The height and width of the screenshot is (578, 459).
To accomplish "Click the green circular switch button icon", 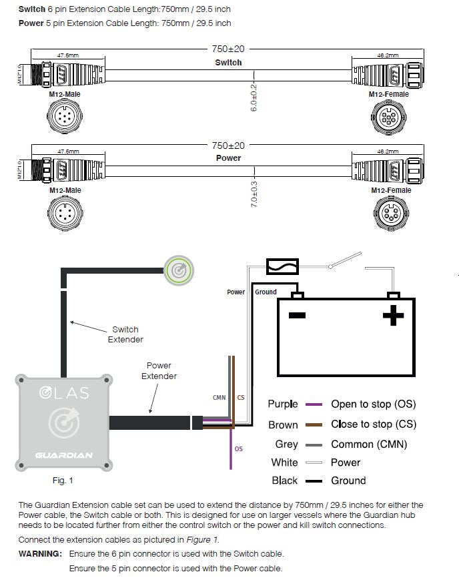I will pos(178,270).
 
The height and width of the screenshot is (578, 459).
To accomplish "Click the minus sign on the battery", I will pos(297,316).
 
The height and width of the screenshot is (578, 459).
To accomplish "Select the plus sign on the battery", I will pos(394,315).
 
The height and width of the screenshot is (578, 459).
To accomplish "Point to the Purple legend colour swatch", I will pos(314,404).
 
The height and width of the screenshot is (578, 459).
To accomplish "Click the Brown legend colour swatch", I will pos(314,424).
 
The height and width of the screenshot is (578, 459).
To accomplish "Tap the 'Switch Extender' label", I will pos(125,334).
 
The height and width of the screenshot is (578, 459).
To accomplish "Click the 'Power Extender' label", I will pos(159,371).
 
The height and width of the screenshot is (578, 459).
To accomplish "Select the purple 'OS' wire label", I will pos(239,449).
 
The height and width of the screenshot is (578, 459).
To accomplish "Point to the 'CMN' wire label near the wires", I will pos(219,398).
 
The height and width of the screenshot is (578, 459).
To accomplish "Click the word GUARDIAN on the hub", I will pos(65,456).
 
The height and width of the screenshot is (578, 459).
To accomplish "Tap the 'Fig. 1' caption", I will pos(63,480).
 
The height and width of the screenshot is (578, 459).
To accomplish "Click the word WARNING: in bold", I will pos(40,554).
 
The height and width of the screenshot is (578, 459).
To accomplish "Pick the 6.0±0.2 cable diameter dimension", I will pos(254,97).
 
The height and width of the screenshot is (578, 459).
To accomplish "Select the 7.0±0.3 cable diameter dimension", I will pos(254,194).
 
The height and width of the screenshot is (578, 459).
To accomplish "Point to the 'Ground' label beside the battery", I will pos(266,292).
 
